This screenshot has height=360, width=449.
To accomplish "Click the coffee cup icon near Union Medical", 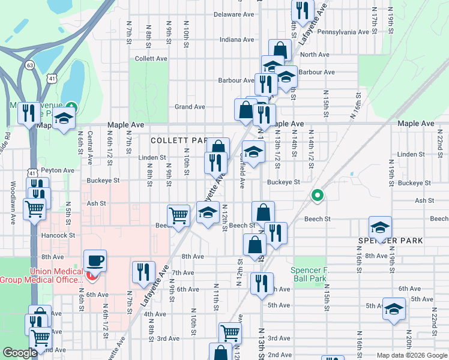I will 95,261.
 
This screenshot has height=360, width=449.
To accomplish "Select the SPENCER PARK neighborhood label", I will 391,241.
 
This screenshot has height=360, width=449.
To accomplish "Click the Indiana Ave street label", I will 237,40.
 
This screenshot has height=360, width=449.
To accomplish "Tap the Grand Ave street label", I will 190,107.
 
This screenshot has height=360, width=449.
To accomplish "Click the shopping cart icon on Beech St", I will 179,215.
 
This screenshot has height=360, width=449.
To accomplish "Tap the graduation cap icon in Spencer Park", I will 380,228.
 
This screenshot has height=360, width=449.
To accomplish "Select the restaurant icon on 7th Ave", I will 143,271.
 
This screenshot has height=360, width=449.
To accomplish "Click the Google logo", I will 20,353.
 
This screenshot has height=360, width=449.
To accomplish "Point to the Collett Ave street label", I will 151,59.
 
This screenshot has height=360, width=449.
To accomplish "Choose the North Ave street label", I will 315,55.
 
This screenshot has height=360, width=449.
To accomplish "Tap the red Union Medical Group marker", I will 91,277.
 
